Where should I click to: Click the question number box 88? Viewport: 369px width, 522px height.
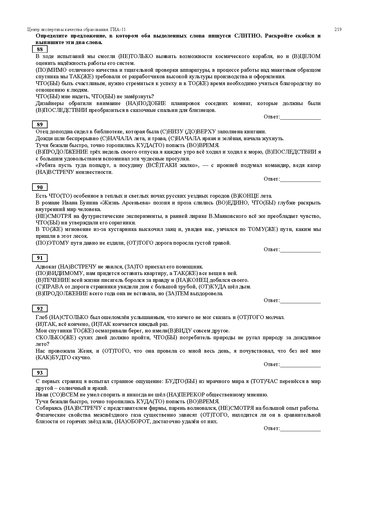pyautogui.click(x=40, y=49)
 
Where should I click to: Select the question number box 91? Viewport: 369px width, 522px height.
pyautogui.click(x=40, y=258)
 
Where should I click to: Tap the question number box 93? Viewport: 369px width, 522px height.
pyautogui.click(x=40, y=373)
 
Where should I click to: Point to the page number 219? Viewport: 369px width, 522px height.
pyautogui.click(x=338, y=29)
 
